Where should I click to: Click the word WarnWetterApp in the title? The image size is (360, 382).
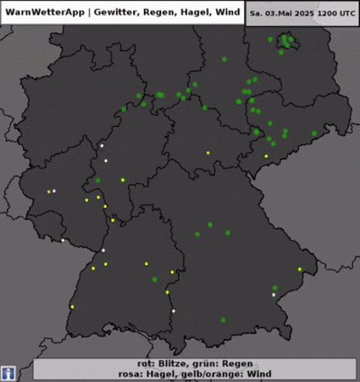(43, 12)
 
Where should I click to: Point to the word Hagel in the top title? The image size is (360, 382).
(197, 12)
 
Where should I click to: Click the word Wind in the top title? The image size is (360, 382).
(228, 12)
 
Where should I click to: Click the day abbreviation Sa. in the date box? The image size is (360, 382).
(256, 14)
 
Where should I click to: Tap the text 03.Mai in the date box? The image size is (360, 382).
(279, 14)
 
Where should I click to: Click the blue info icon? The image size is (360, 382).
(9, 373)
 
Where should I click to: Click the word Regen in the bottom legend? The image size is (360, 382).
(230, 363)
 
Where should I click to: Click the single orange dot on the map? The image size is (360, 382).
(49, 191)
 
